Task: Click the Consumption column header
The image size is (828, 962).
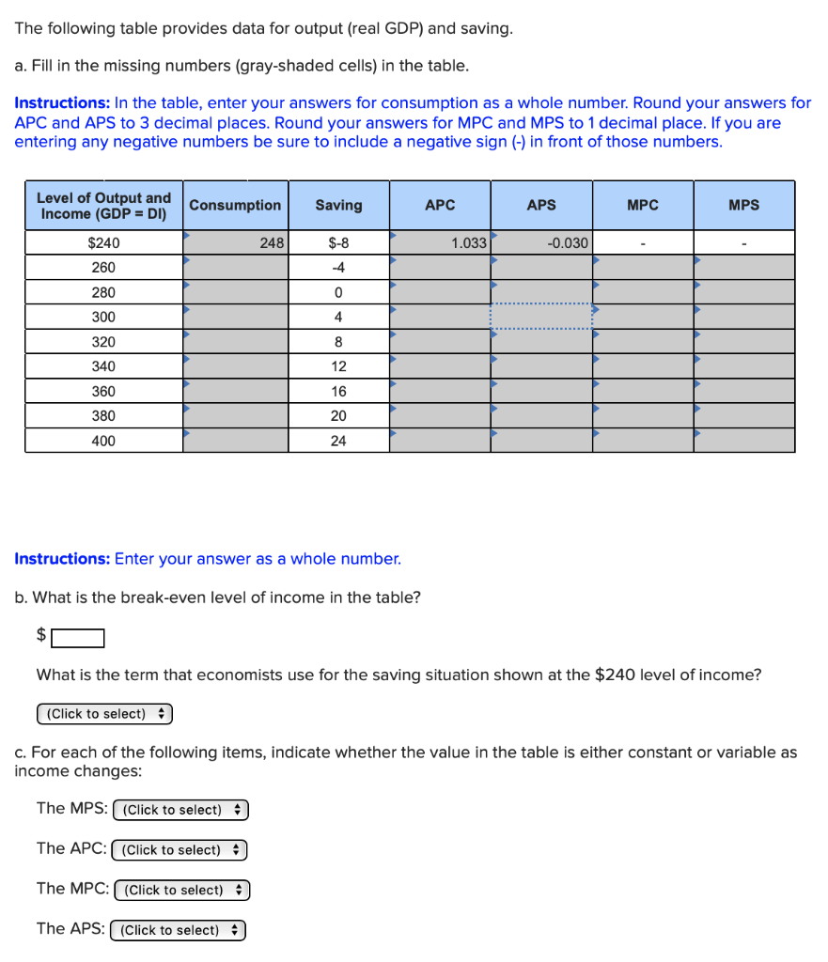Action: [x=235, y=205]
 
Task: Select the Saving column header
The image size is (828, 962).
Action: [x=338, y=205]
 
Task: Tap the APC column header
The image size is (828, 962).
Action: [x=440, y=205]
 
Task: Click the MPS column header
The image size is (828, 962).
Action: [x=743, y=205]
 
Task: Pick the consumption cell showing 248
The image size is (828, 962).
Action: [x=235, y=242]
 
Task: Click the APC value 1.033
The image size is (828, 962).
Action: [x=440, y=242]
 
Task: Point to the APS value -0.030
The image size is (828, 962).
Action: [x=541, y=242]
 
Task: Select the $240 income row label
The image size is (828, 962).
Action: [x=103, y=242]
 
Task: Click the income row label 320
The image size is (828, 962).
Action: [x=103, y=342]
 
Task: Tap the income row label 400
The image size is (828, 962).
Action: [x=103, y=441]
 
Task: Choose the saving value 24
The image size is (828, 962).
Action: [x=338, y=441]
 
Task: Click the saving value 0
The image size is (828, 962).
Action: [x=338, y=292]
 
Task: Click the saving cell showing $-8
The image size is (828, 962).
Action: [x=338, y=242]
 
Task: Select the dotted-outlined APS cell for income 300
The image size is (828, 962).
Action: [x=541, y=317]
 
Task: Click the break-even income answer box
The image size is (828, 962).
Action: [x=78, y=639]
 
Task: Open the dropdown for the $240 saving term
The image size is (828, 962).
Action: [x=104, y=714]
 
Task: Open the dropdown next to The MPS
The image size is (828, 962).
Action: [x=180, y=810]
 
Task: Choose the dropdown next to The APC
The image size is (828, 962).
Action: [x=179, y=850]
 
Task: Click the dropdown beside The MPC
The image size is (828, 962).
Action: [x=181, y=890]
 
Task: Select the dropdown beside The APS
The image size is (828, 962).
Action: [x=178, y=930]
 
